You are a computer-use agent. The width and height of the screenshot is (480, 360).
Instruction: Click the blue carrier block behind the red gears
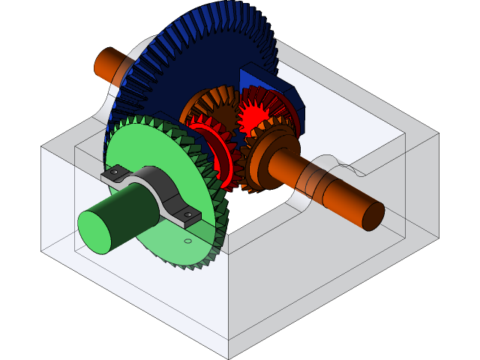click(262, 82)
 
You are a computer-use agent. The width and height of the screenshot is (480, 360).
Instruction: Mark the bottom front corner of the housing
click(229, 358)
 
